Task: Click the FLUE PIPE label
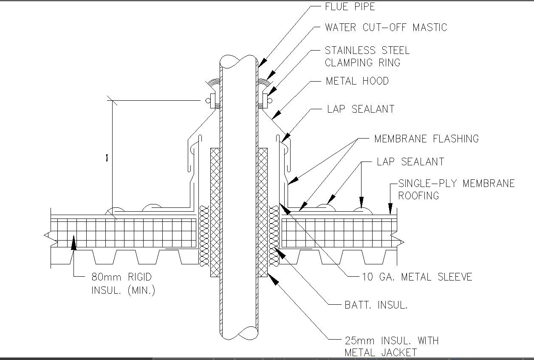(350, 7)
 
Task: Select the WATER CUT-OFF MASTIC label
(386, 28)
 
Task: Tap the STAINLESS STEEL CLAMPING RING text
(367, 57)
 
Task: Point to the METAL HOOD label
(357, 81)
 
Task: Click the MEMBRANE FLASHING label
(426, 139)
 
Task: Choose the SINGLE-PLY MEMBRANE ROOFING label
(456, 189)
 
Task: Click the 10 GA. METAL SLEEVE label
(417, 277)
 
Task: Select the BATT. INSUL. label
(376, 305)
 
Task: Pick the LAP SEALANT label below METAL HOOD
(361, 109)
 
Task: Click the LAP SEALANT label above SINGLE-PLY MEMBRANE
(410, 162)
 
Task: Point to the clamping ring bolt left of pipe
(208, 101)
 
